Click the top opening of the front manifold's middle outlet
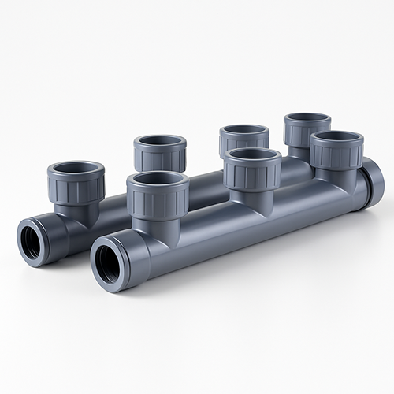tap(252, 154)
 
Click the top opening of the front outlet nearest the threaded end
tap(158, 179)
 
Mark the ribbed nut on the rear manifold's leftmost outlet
tap(76, 186)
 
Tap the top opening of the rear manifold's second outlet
tap(159, 142)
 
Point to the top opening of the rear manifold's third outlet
tap(244, 129)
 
